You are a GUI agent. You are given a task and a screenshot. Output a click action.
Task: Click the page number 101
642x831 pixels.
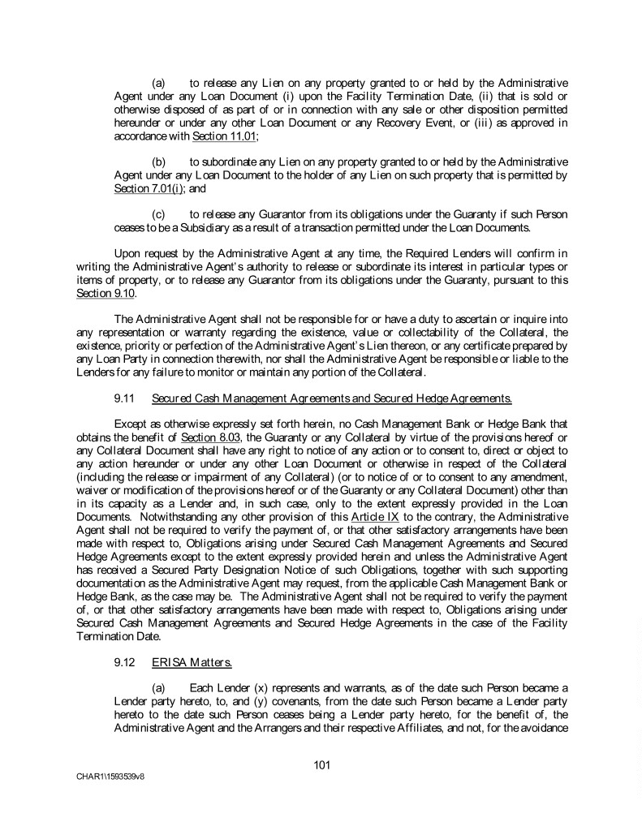321,764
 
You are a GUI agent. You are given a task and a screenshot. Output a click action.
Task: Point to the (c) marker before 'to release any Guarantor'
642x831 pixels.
158,215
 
